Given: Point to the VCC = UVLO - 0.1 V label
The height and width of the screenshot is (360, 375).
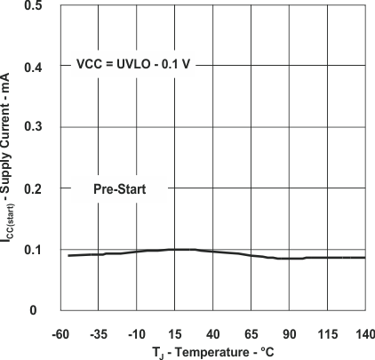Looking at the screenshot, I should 131,66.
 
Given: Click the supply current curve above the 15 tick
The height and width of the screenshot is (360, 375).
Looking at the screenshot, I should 176,250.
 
